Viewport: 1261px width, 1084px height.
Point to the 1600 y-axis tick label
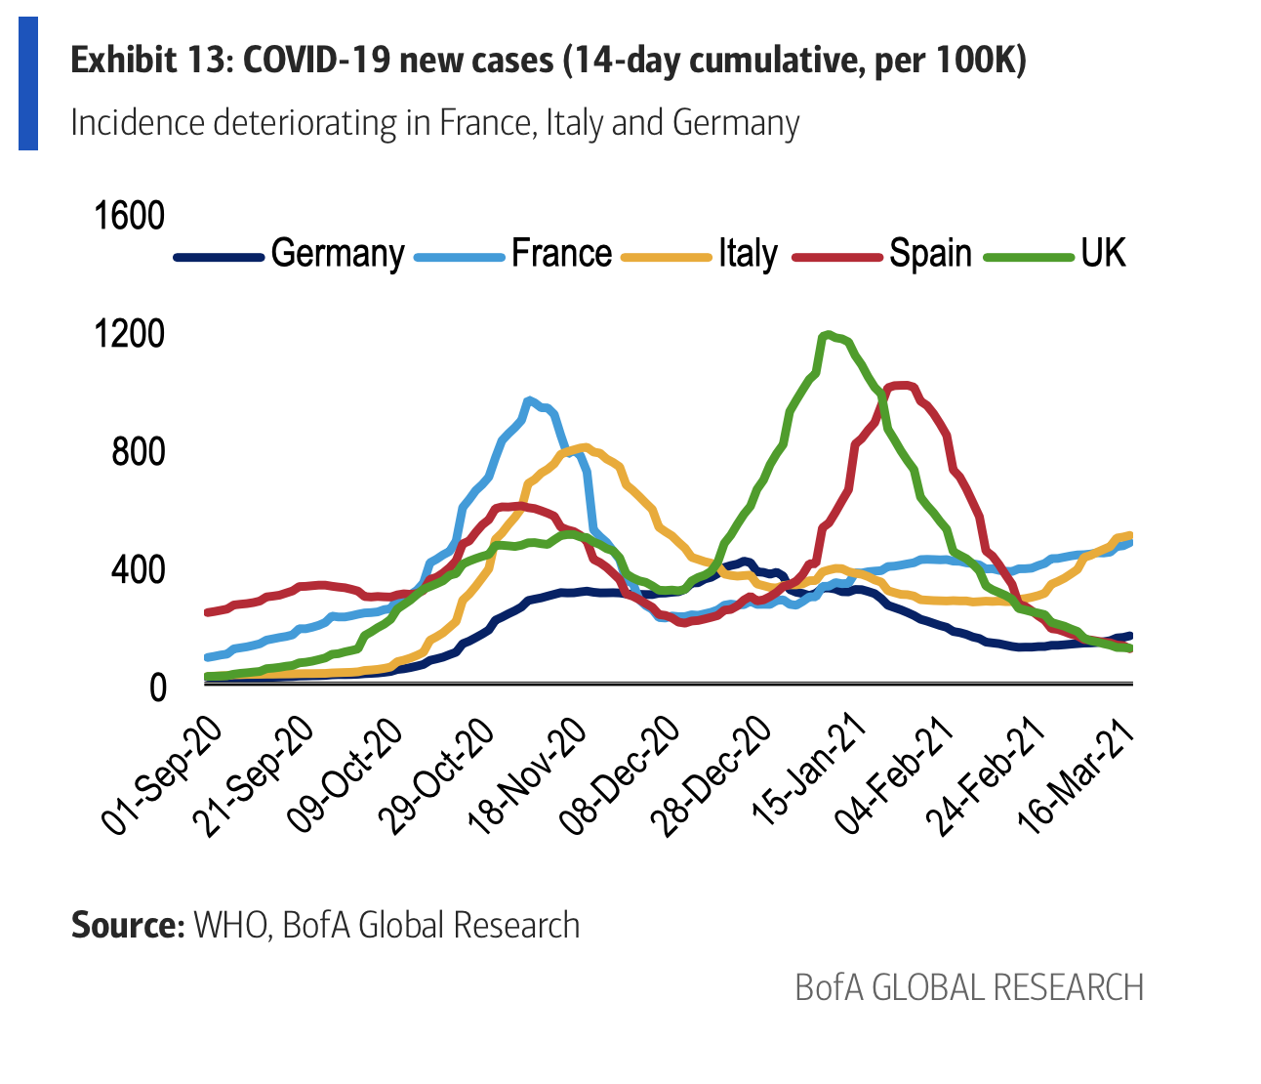(x=129, y=216)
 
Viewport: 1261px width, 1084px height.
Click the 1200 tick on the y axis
(x=129, y=335)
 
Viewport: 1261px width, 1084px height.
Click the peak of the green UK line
(x=828, y=335)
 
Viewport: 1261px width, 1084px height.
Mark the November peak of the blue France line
(x=529, y=399)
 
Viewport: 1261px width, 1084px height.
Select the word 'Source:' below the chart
(x=128, y=925)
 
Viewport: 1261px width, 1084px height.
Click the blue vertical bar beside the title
(x=28, y=83)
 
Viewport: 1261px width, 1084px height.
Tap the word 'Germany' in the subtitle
(x=736, y=123)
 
